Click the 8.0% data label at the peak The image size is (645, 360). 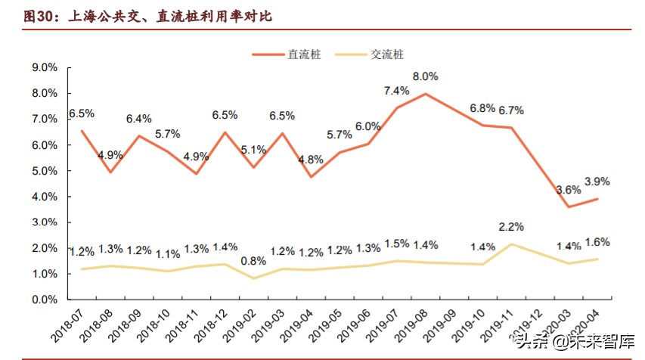(x=426, y=76)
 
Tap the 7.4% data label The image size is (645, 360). (x=396, y=91)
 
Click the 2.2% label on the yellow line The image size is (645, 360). (x=512, y=227)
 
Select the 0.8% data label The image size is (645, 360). (x=253, y=261)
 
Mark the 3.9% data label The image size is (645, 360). (x=597, y=182)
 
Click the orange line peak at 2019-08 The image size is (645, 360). (x=426, y=94)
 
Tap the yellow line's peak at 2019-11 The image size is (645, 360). (x=513, y=244)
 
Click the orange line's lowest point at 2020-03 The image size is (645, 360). (x=569, y=206)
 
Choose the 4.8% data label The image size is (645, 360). (x=311, y=160)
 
